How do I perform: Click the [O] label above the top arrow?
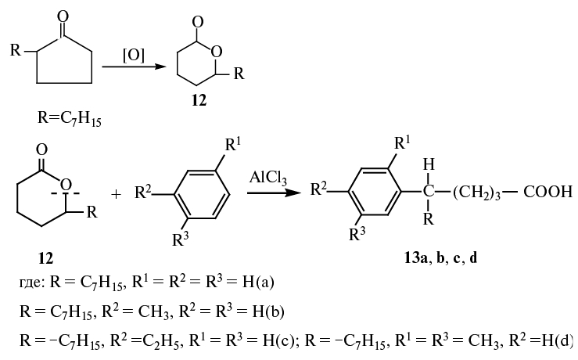[134, 56]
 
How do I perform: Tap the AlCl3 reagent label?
[268, 178]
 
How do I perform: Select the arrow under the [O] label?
[134, 67]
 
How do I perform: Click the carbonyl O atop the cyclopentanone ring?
[63, 16]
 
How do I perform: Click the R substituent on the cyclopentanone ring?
[16, 50]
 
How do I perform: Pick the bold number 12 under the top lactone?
[199, 100]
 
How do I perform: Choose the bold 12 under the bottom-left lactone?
[45, 258]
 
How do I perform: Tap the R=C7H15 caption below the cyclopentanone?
[70, 119]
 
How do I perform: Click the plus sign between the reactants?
[116, 194]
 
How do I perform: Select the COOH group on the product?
[547, 192]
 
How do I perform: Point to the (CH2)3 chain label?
[476, 193]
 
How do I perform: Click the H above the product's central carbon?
[429, 164]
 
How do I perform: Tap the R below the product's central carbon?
[429, 219]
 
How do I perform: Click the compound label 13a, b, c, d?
[440, 258]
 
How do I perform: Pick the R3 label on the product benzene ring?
[357, 233]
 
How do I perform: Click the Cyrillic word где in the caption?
[31, 283]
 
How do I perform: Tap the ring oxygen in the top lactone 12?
[217, 52]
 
